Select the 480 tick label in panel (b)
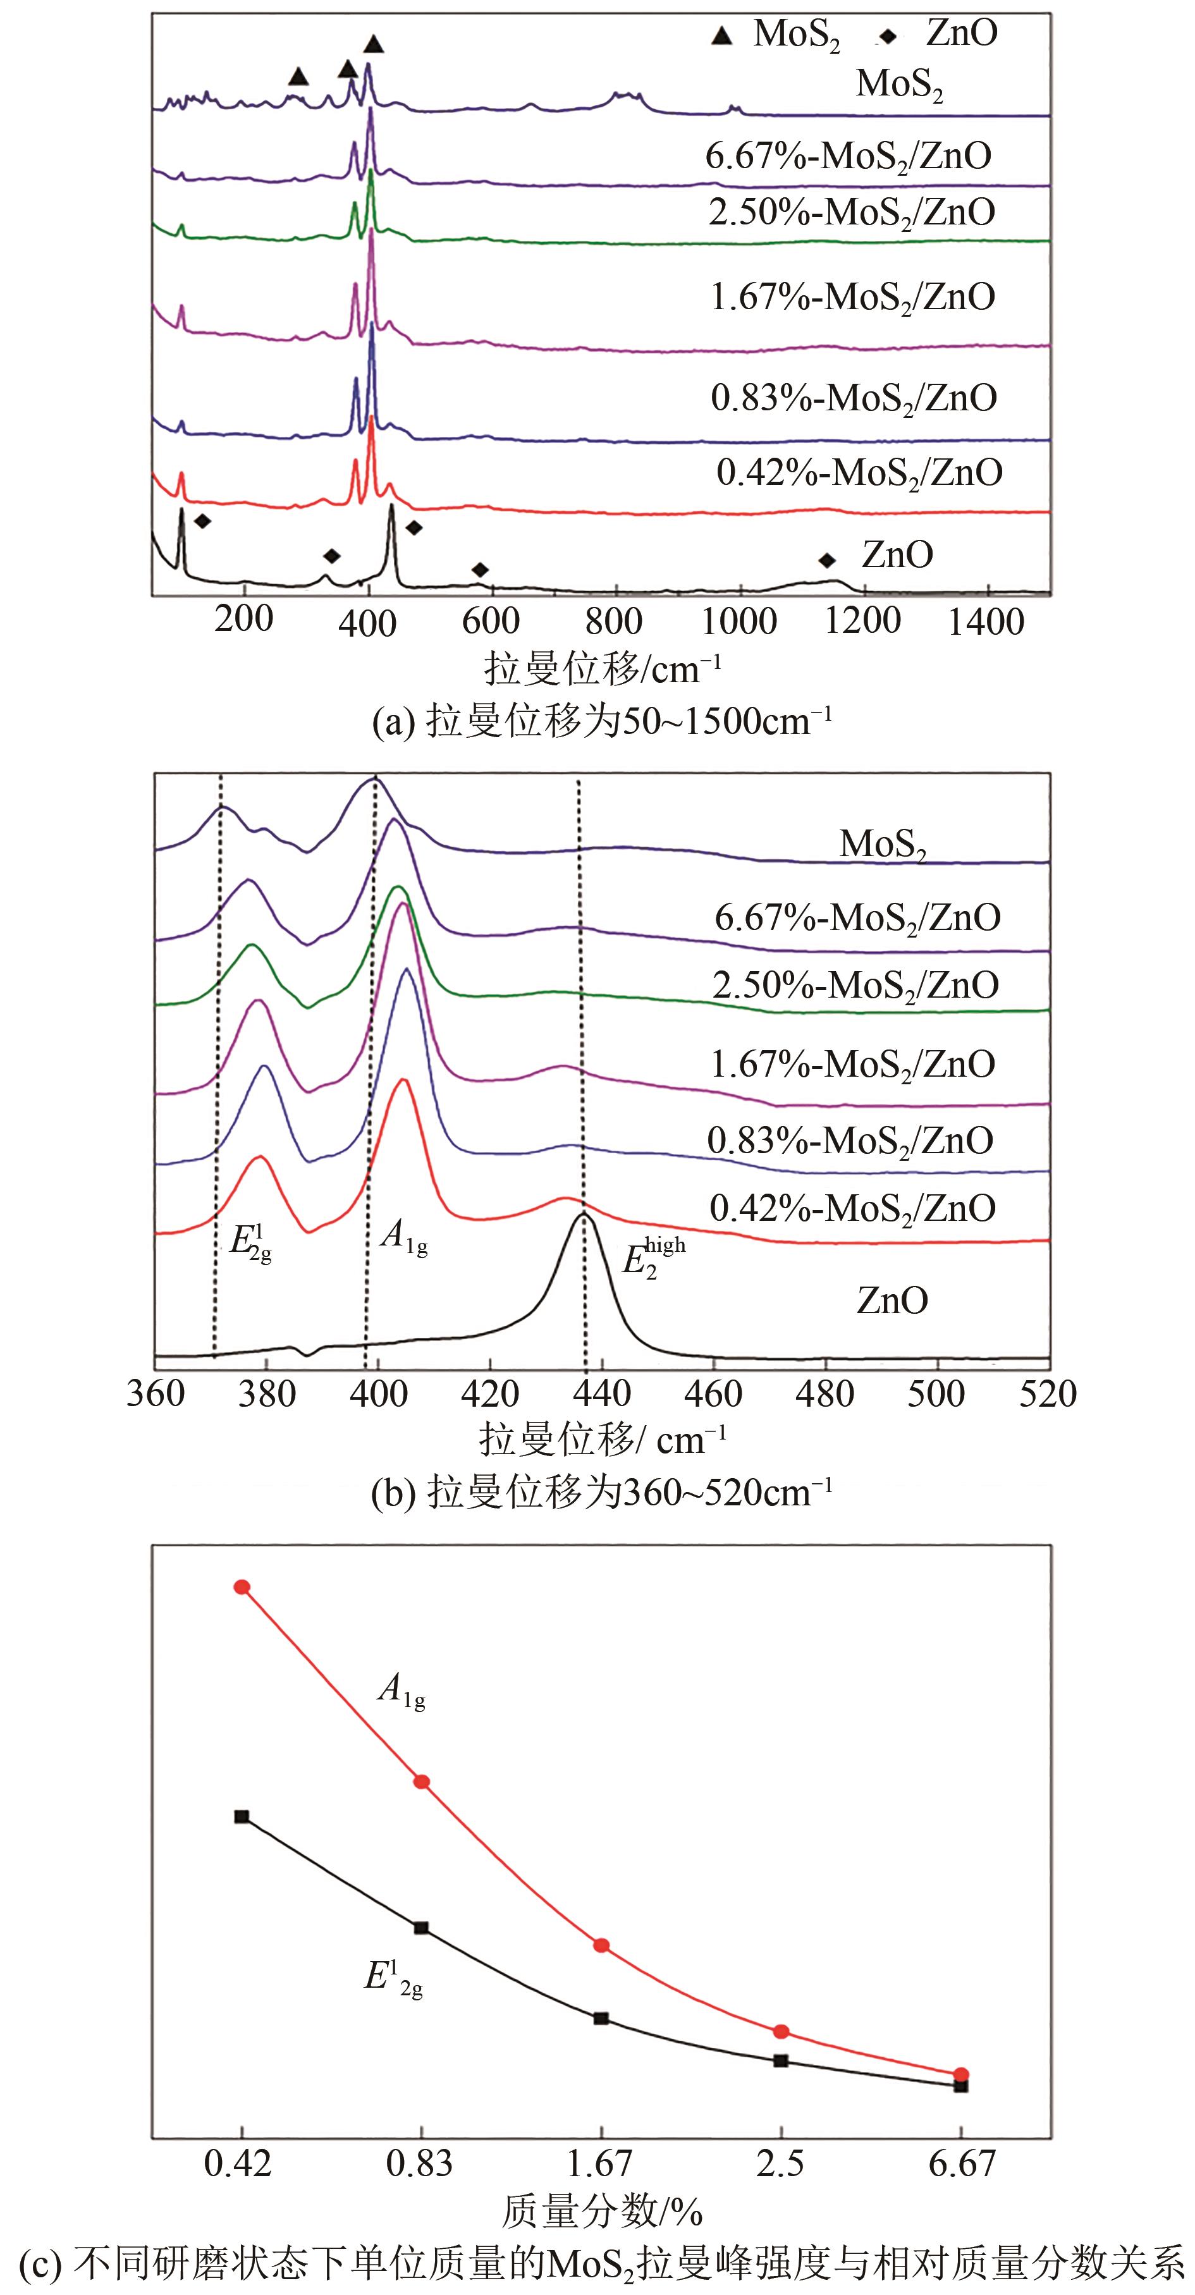point(825,1393)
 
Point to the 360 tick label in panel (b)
point(156,1393)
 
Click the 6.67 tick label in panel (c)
point(960,2163)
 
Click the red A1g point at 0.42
point(242,1587)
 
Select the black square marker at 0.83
point(422,1928)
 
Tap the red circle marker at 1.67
point(601,1945)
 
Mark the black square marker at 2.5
point(781,2060)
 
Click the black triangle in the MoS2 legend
point(723,35)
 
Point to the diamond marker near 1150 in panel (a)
point(827,560)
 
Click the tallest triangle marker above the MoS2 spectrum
point(374,44)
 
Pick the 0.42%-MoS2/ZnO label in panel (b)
point(852,1209)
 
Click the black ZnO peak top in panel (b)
point(584,1213)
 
